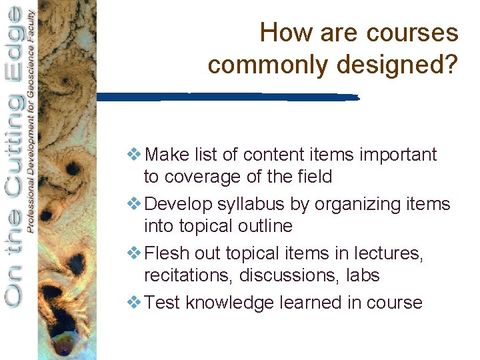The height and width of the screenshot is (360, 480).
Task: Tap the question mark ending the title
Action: (452, 65)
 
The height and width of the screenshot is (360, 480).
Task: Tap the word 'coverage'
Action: (199, 177)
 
